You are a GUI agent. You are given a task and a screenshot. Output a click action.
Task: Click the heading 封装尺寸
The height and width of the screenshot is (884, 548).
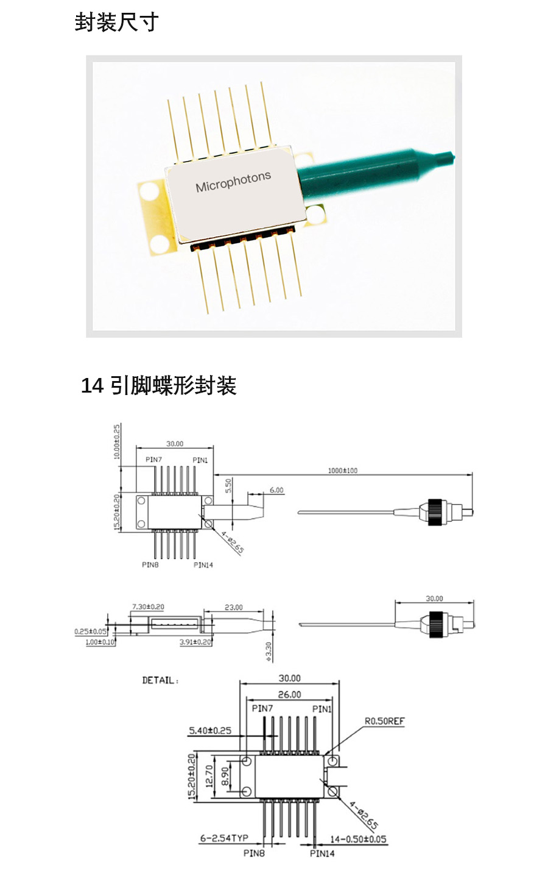coord(116,23)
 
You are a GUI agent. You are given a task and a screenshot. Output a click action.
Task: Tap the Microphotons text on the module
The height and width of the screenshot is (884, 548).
coord(233,181)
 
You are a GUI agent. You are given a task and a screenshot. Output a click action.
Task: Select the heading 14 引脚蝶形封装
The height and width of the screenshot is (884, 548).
coord(158,385)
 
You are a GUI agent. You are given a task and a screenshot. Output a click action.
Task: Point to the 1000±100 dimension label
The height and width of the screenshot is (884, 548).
coord(343,471)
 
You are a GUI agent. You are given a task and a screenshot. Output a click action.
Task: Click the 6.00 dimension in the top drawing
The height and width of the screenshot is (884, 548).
coord(276,490)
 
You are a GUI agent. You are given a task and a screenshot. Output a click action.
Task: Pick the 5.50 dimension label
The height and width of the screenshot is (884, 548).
coord(228,486)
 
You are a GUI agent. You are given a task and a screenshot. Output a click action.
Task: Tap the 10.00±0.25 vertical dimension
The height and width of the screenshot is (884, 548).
coord(117,443)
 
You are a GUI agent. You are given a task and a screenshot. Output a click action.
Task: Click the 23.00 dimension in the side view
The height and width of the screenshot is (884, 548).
coord(233,607)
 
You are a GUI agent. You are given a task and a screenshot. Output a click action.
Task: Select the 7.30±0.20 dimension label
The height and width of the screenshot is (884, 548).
coord(148,607)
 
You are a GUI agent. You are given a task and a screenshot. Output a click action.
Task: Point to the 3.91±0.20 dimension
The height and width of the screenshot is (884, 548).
coord(195,642)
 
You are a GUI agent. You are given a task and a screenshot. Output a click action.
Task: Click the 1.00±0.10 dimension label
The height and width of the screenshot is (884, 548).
coord(100,642)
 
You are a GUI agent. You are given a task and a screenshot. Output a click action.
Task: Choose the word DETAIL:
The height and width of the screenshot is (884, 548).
coord(160,680)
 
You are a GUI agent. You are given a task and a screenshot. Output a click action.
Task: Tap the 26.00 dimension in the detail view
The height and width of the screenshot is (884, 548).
coord(289,694)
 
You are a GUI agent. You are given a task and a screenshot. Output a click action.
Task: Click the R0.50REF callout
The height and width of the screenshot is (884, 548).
coord(384,721)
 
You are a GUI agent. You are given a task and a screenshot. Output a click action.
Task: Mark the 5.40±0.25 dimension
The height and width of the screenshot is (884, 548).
coord(210,730)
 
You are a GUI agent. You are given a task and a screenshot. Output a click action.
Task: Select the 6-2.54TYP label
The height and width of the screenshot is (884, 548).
coord(224,838)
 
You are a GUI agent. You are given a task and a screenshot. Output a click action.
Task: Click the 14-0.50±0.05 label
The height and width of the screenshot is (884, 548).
coord(358,839)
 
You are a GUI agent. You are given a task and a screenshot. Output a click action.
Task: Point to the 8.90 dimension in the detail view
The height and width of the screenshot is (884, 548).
coord(225,776)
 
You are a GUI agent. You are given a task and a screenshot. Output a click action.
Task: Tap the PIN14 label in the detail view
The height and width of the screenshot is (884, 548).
coord(322,854)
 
